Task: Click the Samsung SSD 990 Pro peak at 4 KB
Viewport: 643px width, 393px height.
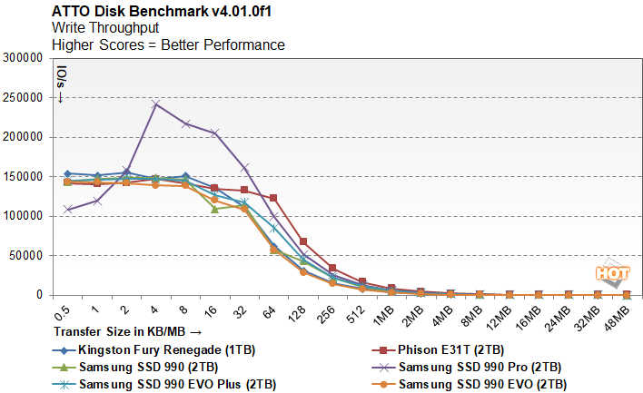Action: (x=155, y=104)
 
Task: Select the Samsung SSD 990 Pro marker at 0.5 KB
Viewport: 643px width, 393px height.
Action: (x=68, y=210)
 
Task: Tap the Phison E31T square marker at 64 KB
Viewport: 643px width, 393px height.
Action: (x=273, y=198)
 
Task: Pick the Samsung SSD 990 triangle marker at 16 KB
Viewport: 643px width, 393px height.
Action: (x=214, y=209)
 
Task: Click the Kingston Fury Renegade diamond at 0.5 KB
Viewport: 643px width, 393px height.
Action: (x=68, y=173)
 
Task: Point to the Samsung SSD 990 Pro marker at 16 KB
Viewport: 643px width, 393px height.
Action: (x=214, y=133)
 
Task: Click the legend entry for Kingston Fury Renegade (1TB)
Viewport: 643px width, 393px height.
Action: (x=153, y=350)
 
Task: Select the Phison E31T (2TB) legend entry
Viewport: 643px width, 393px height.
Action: (x=438, y=350)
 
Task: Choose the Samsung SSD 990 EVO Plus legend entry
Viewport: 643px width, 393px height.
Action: (x=164, y=385)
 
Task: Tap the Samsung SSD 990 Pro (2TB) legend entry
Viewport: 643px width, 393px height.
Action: (x=467, y=368)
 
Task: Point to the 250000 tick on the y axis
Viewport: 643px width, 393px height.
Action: (x=23, y=97)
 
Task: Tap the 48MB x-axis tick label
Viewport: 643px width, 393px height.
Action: (x=618, y=319)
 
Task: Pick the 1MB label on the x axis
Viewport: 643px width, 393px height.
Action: (x=383, y=317)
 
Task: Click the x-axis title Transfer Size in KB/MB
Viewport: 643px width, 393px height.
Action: (x=127, y=331)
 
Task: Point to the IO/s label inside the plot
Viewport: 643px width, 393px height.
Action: (x=61, y=84)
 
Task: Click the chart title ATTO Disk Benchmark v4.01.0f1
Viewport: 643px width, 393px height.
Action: (x=162, y=11)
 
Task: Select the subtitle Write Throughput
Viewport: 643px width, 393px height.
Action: (x=105, y=28)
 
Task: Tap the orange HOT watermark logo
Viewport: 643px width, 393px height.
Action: (x=612, y=272)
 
